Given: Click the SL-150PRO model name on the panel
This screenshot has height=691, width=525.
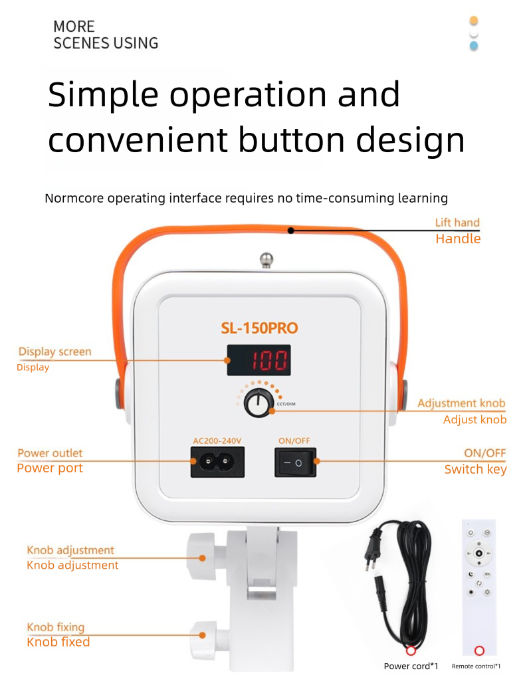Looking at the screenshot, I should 259,328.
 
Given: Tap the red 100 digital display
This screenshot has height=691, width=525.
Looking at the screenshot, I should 259,361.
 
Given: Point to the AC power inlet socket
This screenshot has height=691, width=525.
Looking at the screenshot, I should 217,461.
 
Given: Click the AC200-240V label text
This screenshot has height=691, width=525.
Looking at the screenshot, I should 217,441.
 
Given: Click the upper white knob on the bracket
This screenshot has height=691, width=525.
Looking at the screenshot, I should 199,555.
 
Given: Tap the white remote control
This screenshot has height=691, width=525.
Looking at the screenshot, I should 478,585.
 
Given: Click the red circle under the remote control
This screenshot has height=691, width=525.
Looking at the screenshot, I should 479,650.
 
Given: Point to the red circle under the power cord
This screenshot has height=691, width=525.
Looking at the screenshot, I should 411,650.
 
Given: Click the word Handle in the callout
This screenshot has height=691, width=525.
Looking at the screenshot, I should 458,239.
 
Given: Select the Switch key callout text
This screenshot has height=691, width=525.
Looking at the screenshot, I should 475,470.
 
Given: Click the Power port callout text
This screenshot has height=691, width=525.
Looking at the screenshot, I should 50,468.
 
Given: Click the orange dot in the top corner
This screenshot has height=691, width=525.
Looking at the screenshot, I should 474,21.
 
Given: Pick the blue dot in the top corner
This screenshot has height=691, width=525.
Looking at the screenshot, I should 474,46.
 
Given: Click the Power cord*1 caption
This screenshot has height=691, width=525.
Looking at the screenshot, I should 411,666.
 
